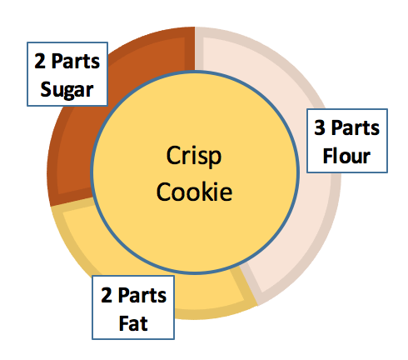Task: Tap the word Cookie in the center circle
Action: point(195,192)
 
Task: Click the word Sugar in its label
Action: point(67,88)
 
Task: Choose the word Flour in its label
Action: point(347,155)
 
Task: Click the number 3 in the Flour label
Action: point(320,129)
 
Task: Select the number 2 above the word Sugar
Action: point(39,62)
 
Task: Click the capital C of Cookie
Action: point(166,192)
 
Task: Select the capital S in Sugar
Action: point(44,88)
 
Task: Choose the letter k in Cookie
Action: point(208,192)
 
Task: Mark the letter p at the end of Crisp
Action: point(218,159)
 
